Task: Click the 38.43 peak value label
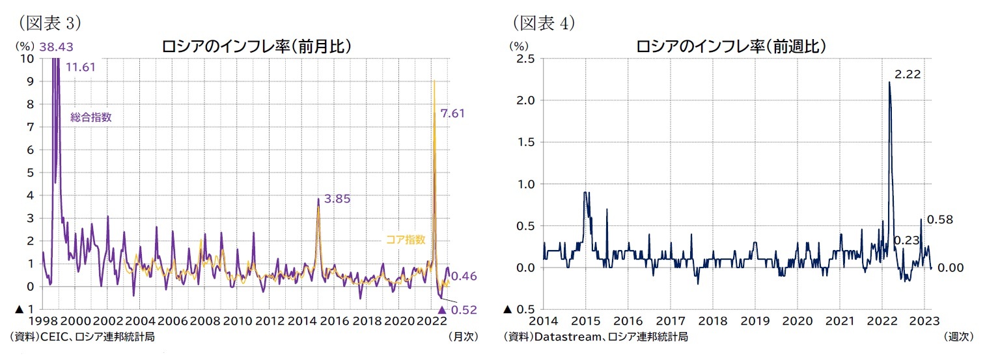coord(55,47)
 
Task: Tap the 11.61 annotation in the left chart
coord(81,66)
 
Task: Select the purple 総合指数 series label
coord(91,118)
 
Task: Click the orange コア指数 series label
coord(406,240)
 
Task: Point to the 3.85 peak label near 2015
coord(337,199)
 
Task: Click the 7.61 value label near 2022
coord(452,113)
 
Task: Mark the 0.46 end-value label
coord(464,276)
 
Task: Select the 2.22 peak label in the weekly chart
coord(907,75)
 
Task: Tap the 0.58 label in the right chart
coord(939,220)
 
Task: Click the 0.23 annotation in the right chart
coord(906,240)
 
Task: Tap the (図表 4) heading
coord(543,23)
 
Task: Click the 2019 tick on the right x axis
coord(755,321)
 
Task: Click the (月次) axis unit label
coord(464,337)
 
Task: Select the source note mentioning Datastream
coord(595,337)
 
